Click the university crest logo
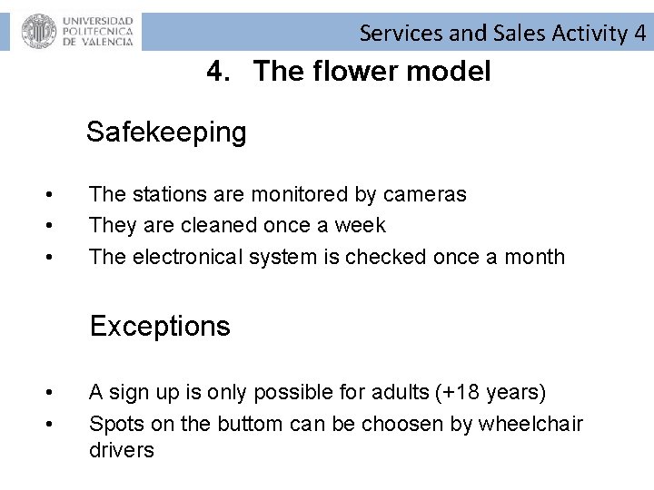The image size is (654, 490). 39,32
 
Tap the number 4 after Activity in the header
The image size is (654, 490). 640,34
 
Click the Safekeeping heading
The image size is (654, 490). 166,132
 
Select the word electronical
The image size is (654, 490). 192,257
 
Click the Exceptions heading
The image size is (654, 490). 160,326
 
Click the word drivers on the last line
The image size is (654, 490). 122,450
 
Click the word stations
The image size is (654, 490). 166,194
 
